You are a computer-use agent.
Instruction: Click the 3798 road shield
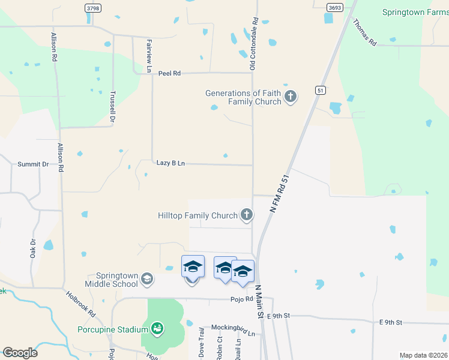click(x=92, y=8)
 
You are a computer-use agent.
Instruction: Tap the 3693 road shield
click(x=335, y=7)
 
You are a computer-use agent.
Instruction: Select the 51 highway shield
click(x=321, y=90)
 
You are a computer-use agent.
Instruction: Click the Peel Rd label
click(x=169, y=73)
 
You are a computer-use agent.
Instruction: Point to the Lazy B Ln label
click(x=170, y=163)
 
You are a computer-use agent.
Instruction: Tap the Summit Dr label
click(x=33, y=164)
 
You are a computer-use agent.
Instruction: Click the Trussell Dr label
click(x=112, y=107)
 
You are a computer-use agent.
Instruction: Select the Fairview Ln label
click(x=149, y=53)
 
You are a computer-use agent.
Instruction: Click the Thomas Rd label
click(x=364, y=33)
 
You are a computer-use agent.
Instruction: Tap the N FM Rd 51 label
click(x=280, y=194)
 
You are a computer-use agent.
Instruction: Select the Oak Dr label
click(x=33, y=248)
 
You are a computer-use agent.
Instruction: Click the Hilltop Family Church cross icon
click(x=246, y=214)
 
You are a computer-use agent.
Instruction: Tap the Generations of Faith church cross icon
click(x=291, y=97)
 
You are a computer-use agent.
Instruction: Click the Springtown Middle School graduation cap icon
click(x=147, y=279)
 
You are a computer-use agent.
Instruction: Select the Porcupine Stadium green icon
click(x=157, y=328)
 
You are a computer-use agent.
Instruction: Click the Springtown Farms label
click(x=414, y=12)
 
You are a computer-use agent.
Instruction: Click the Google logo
click(x=20, y=353)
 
